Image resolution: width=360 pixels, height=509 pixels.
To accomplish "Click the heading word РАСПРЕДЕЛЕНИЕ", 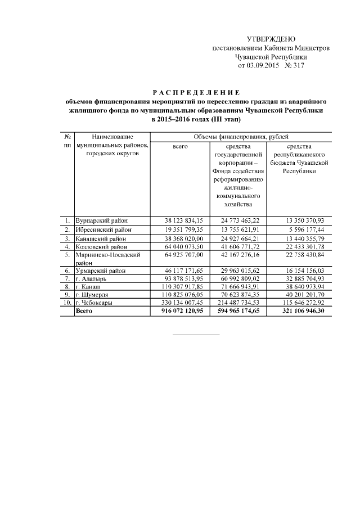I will point(196,92).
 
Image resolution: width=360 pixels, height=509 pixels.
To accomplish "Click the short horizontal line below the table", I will point(196,336).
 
